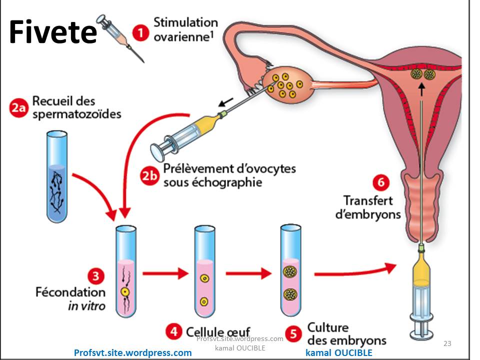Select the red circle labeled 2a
click(x=19, y=108)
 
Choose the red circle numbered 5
click(x=293, y=332)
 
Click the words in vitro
click(x=86, y=305)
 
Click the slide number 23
click(x=447, y=343)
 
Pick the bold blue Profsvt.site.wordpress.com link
click(x=132, y=352)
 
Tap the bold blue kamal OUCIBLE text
click(x=338, y=352)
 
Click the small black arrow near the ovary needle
click(x=226, y=103)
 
